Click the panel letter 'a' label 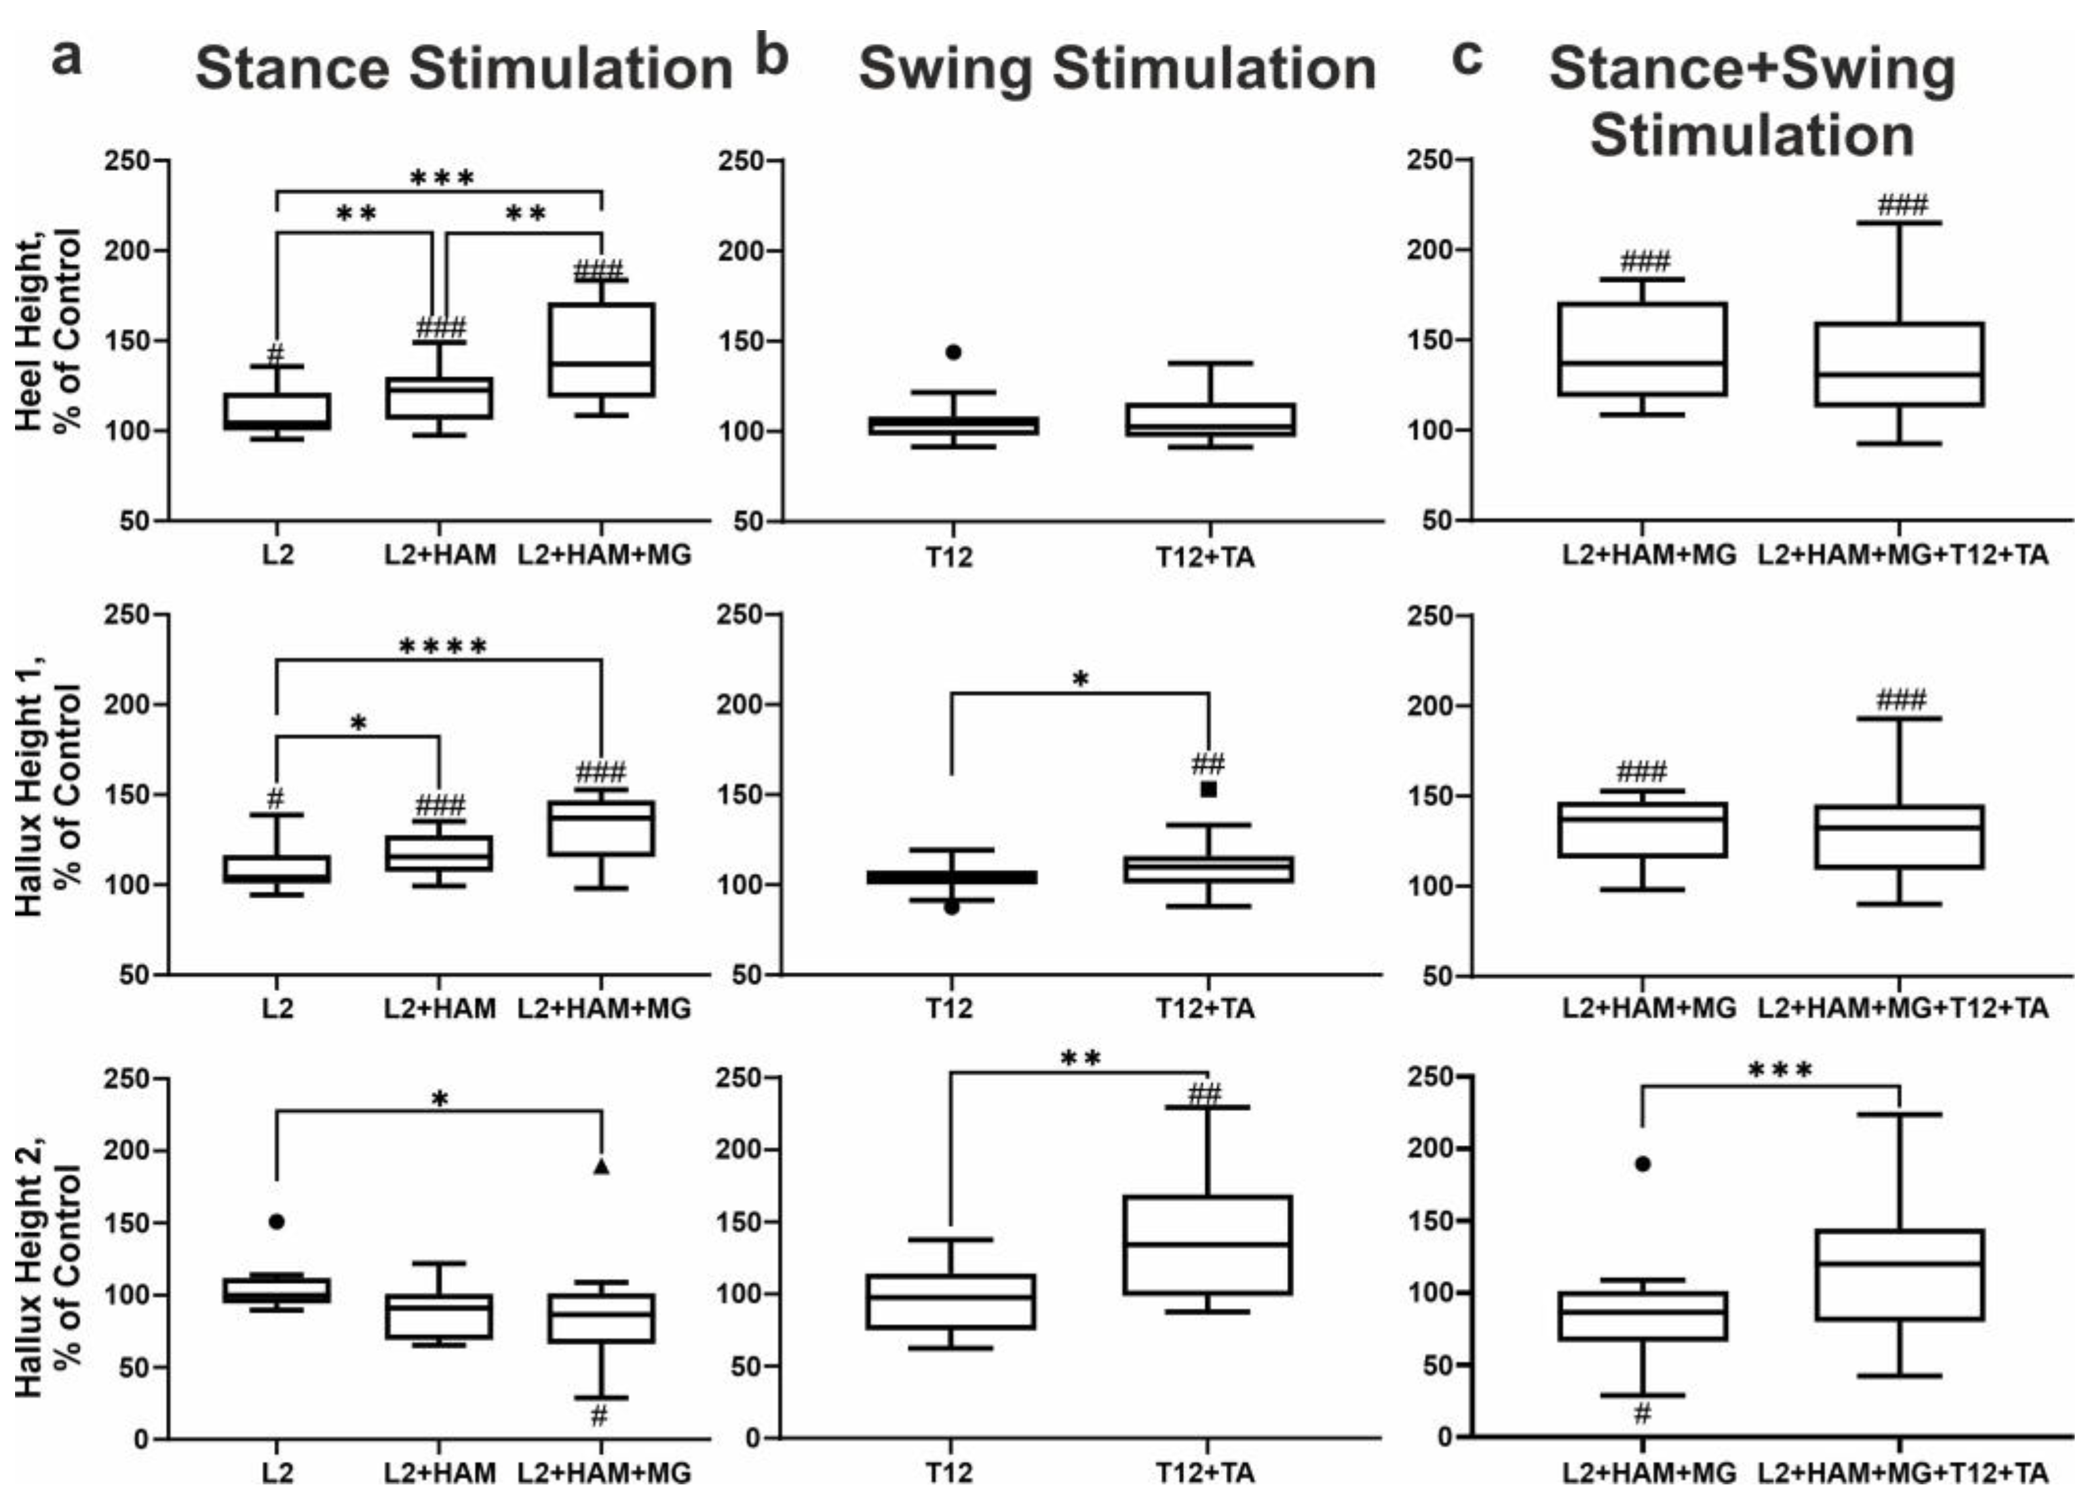[x=66, y=60]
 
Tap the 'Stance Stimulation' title [x=464, y=69]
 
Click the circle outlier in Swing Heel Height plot [x=953, y=352]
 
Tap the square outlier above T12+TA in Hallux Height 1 [x=1208, y=789]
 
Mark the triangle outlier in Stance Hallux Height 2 [x=602, y=1166]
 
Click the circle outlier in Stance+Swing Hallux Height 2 [x=1642, y=1163]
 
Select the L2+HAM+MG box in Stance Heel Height [x=602, y=349]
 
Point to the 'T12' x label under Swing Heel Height [x=950, y=556]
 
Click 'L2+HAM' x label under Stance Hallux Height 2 [x=440, y=1473]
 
